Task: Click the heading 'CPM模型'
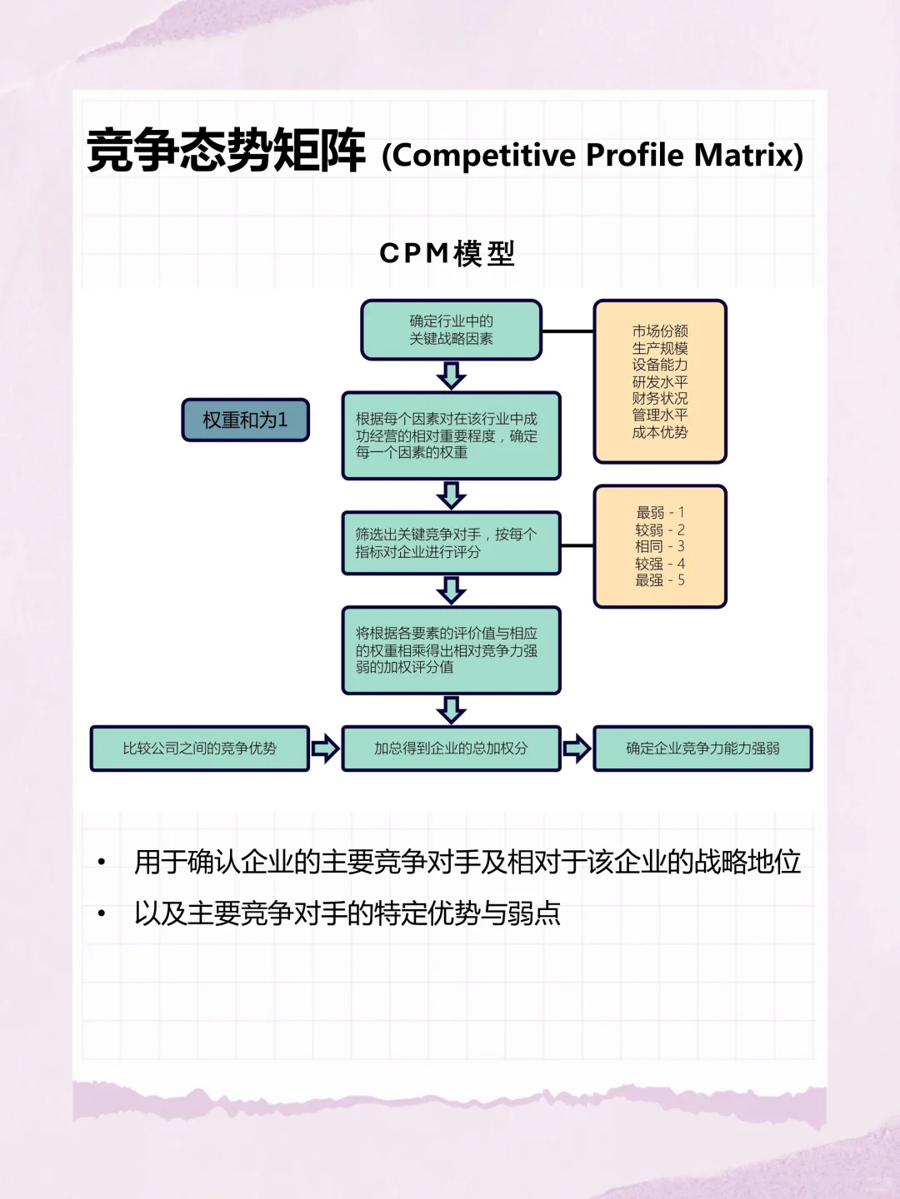tap(447, 253)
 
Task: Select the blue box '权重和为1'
tap(245, 420)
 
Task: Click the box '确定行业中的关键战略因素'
tap(451, 330)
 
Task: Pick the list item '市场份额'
tap(659, 331)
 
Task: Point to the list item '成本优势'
tap(659, 432)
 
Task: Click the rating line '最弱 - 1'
tap(659, 512)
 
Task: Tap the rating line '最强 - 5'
tap(659, 580)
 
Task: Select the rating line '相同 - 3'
tap(659, 546)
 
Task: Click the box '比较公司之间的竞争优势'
tap(199, 749)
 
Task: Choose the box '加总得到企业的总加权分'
tap(451, 749)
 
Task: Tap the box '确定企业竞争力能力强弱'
tap(702, 749)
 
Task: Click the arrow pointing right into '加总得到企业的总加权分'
tap(325, 749)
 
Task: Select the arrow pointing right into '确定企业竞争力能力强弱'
tap(577, 749)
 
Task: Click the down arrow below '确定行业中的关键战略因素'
tap(451, 376)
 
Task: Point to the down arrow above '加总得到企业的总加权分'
tap(451, 710)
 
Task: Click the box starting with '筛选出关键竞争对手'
tap(451, 543)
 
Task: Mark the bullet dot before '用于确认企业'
tap(102, 862)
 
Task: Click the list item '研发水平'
tap(659, 382)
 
